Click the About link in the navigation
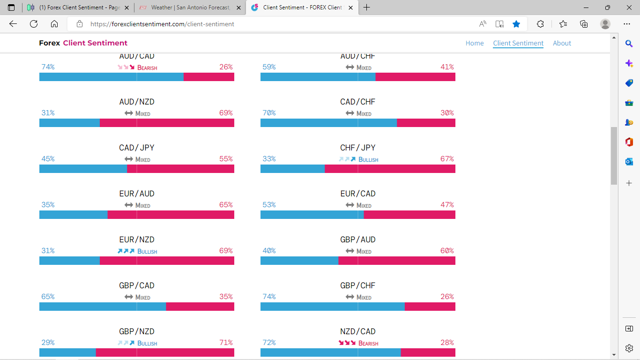point(562,43)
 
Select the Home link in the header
point(474,43)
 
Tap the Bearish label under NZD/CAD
point(368,344)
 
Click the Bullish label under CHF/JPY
point(368,160)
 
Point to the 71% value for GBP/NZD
point(226,343)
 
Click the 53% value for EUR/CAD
point(269,205)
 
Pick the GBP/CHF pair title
point(357,285)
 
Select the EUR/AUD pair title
point(136,194)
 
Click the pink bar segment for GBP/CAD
point(200,307)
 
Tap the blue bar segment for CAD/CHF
point(328,123)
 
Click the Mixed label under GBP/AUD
point(364,252)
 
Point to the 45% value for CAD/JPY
point(48,159)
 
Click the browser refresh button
point(34,24)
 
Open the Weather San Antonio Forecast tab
point(190,7)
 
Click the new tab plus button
point(366,7)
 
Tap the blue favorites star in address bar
point(516,24)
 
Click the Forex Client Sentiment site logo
point(83,43)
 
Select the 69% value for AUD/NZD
point(226,113)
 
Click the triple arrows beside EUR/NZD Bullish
point(126,251)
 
